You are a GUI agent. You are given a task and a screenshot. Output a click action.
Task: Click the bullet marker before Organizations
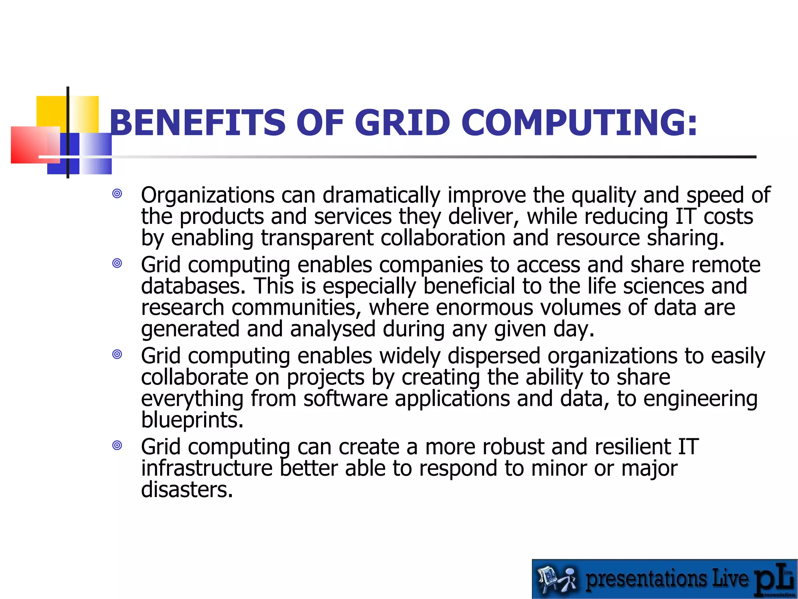(x=117, y=193)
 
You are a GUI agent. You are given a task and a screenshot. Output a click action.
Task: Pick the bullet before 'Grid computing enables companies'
(x=117, y=263)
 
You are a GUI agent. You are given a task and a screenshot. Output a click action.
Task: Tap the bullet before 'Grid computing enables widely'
(x=117, y=354)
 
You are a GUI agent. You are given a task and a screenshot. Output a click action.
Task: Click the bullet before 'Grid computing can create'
(x=117, y=445)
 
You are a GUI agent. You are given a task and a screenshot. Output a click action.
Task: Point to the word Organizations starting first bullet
(x=208, y=195)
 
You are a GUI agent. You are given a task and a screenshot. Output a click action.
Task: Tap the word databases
(x=193, y=286)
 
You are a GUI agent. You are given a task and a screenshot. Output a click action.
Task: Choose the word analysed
(x=332, y=330)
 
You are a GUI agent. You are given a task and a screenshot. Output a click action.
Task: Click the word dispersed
(x=494, y=356)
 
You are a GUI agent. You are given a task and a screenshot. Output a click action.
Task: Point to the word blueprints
(x=192, y=420)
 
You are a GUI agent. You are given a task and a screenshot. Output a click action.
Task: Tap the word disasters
(x=187, y=490)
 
